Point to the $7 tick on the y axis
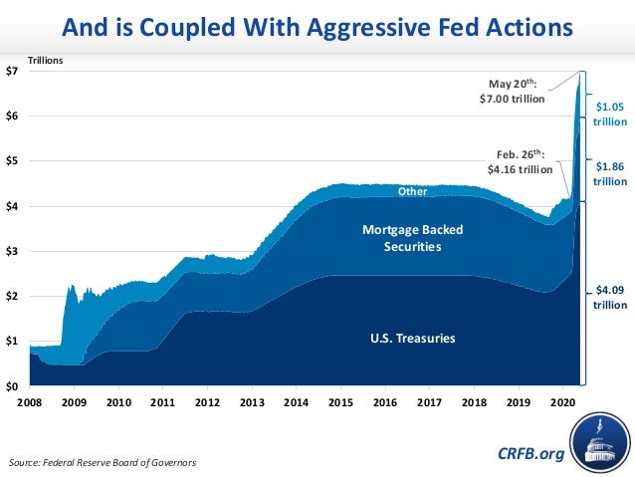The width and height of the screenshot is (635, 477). coord(14,72)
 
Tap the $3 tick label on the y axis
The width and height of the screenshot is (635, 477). coord(14,251)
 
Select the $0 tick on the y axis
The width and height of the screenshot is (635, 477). coord(14,385)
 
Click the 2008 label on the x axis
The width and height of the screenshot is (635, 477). coord(30,402)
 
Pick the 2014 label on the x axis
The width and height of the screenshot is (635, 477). coord(296,402)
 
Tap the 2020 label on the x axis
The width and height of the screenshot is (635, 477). coord(562,402)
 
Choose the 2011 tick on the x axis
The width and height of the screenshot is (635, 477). coord(163,402)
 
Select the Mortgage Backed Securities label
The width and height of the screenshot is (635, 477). coord(411,238)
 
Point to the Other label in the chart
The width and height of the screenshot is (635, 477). coord(412,190)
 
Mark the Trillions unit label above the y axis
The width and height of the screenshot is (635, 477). coord(45,62)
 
